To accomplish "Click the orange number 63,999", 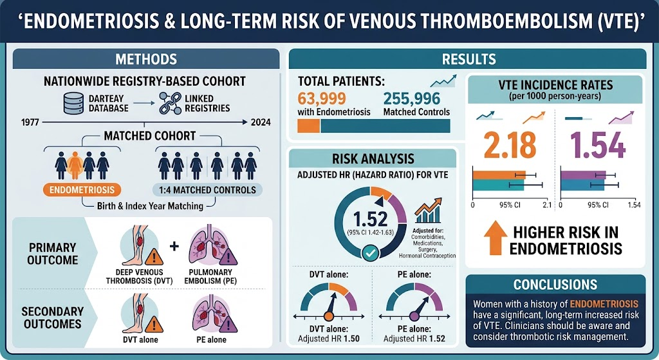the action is (x=322, y=99).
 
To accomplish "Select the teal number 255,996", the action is (x=411, y=99).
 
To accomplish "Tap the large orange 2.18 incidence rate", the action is (x=510, y=145).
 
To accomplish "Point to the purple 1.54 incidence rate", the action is (x=598, y=145).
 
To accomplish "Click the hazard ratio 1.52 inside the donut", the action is (x=370, y=219).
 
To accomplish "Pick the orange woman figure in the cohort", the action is (x=75, y=166).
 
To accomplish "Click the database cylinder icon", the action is (x=73, y=104).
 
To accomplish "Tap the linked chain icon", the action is (x=170, y=104).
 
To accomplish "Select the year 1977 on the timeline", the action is (x=30, y=122).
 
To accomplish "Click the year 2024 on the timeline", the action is (x=261, y=122).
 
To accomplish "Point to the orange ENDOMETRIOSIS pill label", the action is (x=82, y=190).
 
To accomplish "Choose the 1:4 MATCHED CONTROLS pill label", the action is (x=208, y=190).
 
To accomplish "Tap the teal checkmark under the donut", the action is (x=370, y=253).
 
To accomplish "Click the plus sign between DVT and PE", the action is (x=174, y=246).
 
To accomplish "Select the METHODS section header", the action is (x=146, y=59).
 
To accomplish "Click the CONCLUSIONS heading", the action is (x=555, y=285).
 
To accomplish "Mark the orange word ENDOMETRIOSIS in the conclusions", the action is (x=604, y=303).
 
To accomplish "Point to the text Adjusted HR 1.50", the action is (x=329, y=339).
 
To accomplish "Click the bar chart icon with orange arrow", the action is (x=428, y=211).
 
